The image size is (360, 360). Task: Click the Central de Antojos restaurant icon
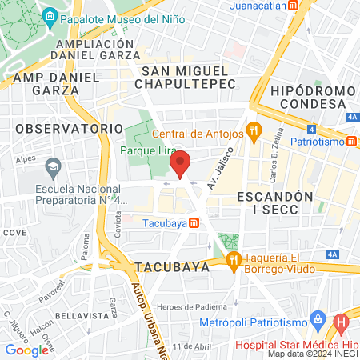(254, 128)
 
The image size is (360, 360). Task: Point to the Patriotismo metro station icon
(353, 142)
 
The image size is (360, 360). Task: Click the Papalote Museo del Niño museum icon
(50, 17)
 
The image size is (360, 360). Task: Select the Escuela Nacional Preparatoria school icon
(54, 167)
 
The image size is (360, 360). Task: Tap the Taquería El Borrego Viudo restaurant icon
(234, 258)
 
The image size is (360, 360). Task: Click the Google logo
(26, 350)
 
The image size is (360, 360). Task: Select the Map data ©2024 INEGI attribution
(312, 353)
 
